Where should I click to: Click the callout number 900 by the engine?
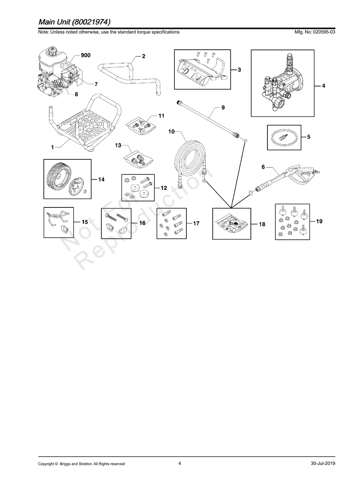coord(85,55)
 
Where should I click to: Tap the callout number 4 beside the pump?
coord(323,86)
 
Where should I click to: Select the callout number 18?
coord(262,224)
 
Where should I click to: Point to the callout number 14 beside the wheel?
coord(101,180)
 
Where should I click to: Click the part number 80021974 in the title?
coord(91,22)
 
